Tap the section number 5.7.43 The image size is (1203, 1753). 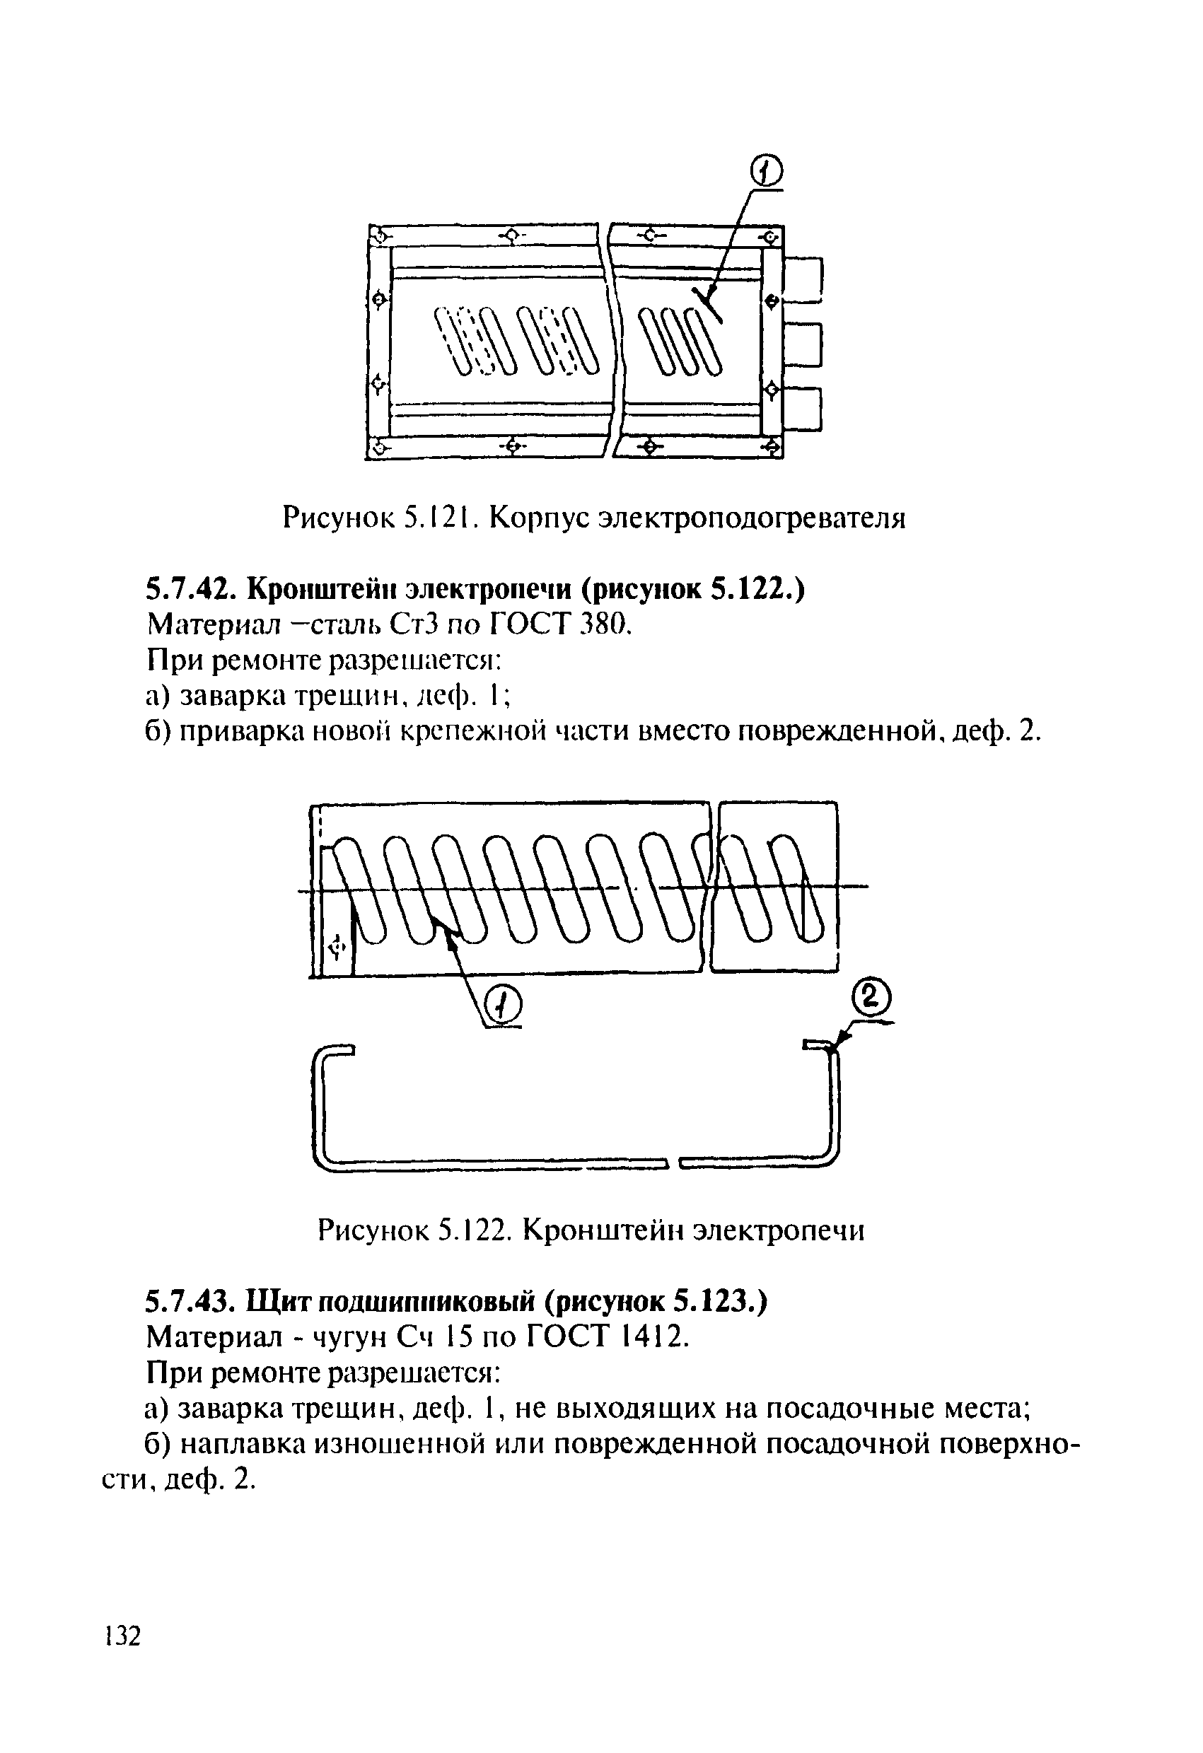[x=190, y=1301]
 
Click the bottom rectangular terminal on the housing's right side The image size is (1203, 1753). [x=803, y=408]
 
